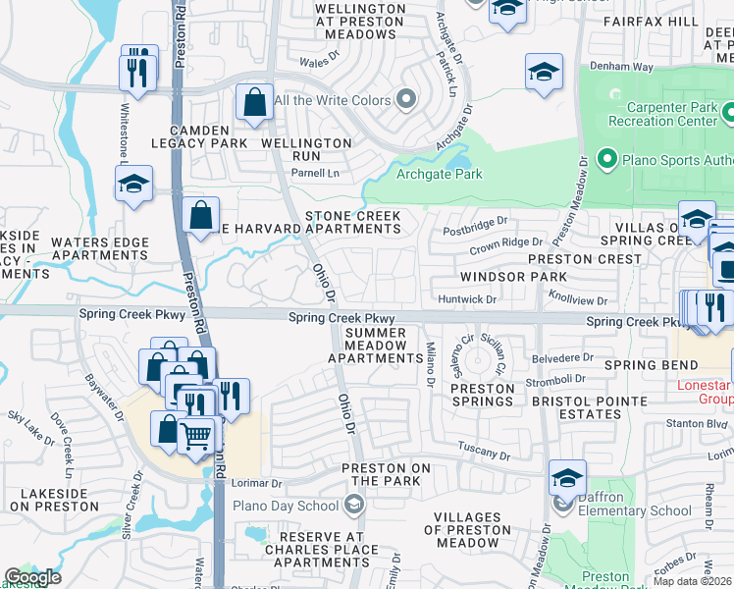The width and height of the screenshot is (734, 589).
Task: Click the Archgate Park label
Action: [x=439, y=174]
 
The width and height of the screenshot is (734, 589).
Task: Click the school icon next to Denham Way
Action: [x=544, y=73]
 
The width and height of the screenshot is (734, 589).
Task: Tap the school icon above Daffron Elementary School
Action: [x=567, y=478]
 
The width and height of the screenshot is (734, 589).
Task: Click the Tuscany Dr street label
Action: [x=485, y=455]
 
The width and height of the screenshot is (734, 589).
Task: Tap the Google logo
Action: [x=32, y=577]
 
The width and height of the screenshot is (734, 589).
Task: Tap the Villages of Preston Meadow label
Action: [x=467, y=537]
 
